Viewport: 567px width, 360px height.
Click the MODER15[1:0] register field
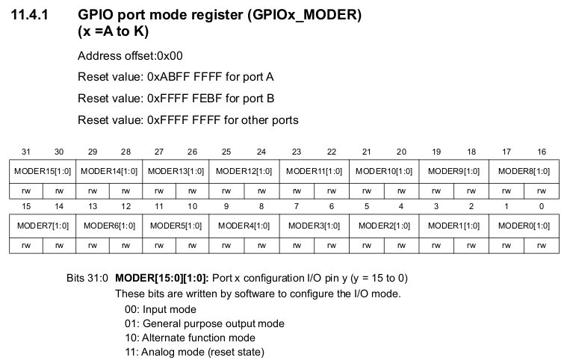click(x=43, y=171)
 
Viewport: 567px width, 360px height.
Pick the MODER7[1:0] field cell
click(x=43, y=225)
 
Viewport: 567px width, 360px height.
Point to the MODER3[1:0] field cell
click(x=315, y=225)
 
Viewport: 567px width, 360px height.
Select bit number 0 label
click(x=542, y=205)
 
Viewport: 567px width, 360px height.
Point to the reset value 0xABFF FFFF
click(x=183, y=77)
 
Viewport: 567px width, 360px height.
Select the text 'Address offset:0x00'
click(x=130, y=56)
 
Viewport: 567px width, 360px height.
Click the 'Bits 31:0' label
click(x=87, y=279)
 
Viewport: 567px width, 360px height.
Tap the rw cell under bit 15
click(x=26, y=243)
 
